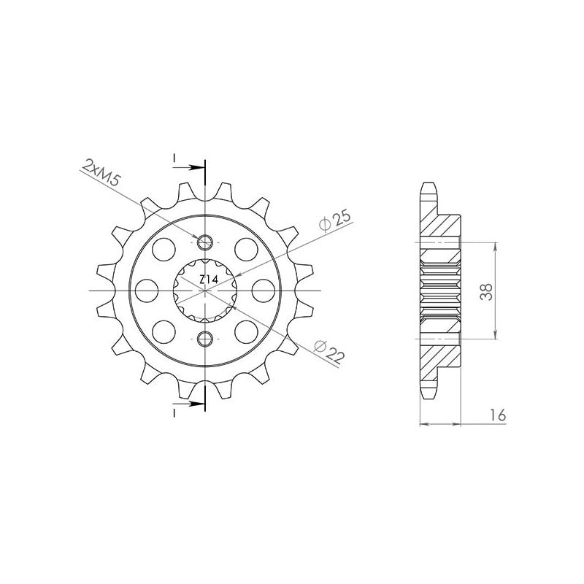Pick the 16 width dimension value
499,415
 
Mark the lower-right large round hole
245,331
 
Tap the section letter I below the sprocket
174,412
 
